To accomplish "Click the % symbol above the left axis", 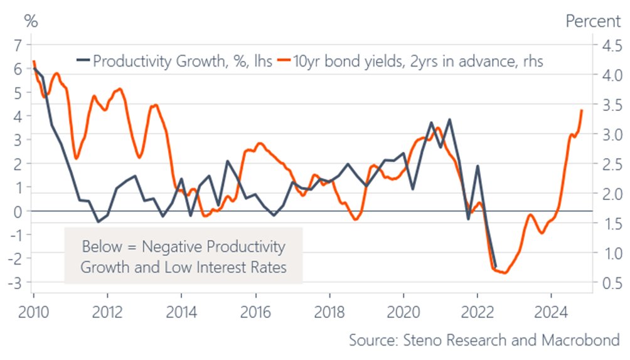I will (31, 21).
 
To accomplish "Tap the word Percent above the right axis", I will (593, 21).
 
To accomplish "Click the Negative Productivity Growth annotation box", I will (183, 256).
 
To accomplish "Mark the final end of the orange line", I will (582, 110).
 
